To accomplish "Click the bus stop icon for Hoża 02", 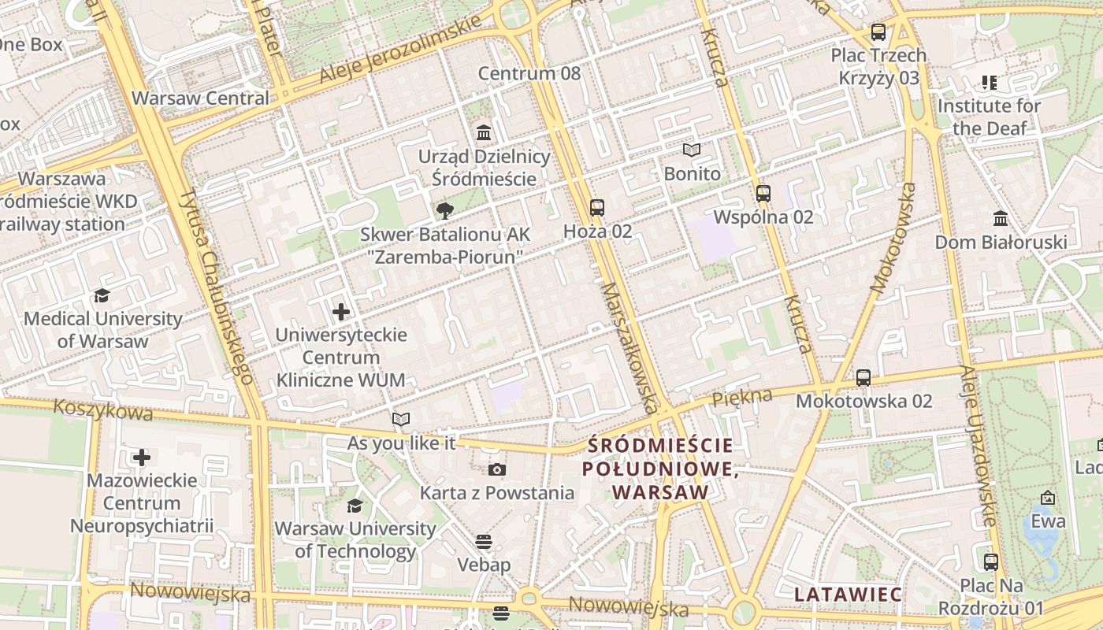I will point(597,208).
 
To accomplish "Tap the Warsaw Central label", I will point(200,98).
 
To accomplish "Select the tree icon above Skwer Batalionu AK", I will point(445,210).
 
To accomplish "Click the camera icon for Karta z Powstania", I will point(496,470).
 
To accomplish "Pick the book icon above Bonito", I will point(692,150).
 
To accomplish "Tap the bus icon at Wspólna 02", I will point(763,194).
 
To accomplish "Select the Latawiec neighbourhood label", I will point(848,594).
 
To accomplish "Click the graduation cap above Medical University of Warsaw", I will point(102,296).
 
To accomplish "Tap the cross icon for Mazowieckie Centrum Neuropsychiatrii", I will point(142,457).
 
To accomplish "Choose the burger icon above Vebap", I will point(484,542).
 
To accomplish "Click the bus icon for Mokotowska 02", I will point(863,378).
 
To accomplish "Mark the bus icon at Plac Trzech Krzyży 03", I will point(878,32).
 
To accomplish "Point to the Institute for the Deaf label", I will point(989,117).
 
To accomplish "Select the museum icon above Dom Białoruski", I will point(1001,218).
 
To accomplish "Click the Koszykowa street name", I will point(102,410).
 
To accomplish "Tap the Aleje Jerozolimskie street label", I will point(400,50).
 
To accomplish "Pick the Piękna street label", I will point(742,398).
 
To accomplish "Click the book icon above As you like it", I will point(401,420).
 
